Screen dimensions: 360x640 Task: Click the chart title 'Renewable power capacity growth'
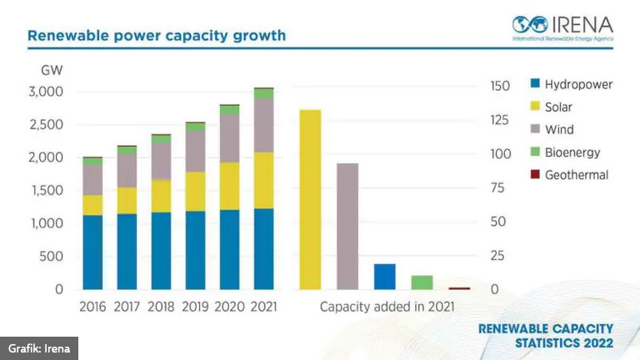157,36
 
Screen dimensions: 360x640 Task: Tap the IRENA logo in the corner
562,27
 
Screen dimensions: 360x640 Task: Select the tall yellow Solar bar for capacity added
310,199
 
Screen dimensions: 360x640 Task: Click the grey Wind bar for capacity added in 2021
347,226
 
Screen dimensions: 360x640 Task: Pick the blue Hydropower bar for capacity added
384,277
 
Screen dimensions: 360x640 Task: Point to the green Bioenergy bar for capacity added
422,282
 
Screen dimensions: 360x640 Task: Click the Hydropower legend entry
572,84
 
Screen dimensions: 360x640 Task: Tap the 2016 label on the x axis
92,307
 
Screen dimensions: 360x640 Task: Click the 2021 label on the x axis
263,307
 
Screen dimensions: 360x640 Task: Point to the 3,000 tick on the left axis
47,91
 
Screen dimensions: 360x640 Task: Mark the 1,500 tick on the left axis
47,190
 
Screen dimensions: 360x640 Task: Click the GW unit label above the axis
52,70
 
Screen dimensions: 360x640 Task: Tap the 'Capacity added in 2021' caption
387,307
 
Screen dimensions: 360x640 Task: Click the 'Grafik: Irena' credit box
39,347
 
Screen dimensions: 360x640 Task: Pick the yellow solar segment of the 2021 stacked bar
263,180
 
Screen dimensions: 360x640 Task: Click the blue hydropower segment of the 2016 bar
92,252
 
